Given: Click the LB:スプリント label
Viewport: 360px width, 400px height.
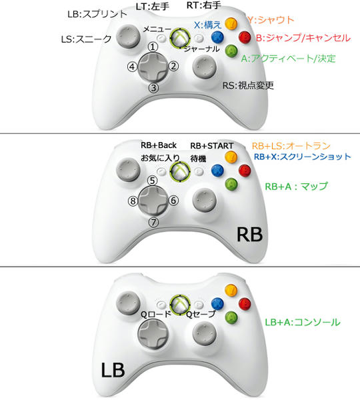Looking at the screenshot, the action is [x=97, y=14].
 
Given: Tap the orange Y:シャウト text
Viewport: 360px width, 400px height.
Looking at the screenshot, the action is [x=271, y=20].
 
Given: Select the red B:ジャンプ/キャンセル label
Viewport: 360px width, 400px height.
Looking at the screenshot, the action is [x=303, y=38].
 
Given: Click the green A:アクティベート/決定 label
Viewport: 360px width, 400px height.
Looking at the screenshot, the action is [x=288, y=59].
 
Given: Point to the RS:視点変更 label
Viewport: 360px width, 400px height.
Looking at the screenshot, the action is [x=248, y=85].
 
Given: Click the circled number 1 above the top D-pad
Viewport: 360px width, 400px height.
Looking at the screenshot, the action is [x=153, y=47].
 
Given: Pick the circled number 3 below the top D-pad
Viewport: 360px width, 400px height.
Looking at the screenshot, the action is [x=153, y=88].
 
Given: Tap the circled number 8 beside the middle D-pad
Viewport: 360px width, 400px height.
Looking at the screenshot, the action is [x=133, y=201].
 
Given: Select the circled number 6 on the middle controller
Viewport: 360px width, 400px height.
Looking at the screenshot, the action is [x=173, y=201].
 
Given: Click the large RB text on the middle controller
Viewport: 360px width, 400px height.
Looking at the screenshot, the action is [x=250, y=235].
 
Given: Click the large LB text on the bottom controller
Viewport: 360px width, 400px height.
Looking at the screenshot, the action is [x=113, y=370].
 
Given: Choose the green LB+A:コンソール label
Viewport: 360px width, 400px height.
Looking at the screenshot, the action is [x=303, y=322].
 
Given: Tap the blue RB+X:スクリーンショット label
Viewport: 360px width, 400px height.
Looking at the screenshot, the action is [x=303, y=157].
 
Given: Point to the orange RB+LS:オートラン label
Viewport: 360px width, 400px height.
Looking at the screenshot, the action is [x=291, y=146].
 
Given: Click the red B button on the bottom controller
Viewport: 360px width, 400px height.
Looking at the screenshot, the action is [x=245, y=304].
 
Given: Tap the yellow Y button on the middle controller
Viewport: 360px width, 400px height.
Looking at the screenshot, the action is [x=231, y=157].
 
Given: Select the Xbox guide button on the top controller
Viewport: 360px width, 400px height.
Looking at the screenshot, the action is [x=180, y=38].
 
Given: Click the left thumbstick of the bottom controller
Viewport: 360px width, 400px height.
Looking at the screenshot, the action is [x=128, y=303].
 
